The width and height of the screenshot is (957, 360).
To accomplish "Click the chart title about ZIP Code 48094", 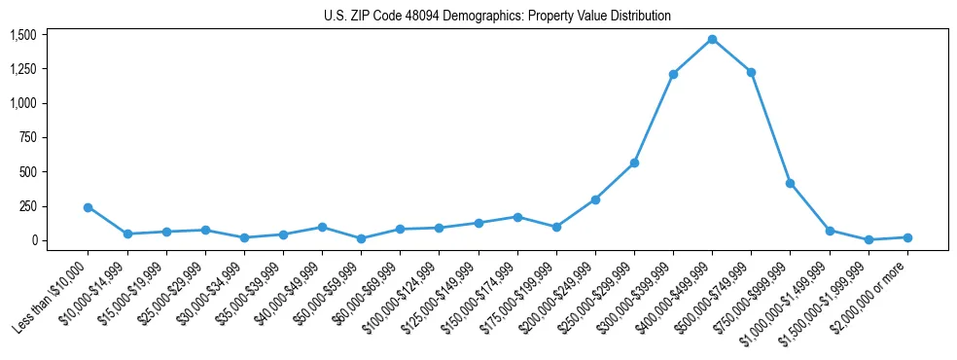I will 497,16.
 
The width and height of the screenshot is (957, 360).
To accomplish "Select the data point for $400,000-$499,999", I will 712,39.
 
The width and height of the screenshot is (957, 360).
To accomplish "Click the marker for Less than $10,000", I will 89,207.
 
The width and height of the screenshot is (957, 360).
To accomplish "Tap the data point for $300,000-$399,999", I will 673,74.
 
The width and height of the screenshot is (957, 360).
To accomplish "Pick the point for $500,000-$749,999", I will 751,72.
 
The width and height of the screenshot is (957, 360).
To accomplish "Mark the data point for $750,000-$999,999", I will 790,183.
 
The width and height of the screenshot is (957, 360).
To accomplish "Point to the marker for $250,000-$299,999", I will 634,162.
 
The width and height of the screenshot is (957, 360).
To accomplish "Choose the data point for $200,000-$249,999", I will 595,199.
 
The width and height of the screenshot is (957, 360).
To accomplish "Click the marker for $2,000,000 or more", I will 907,237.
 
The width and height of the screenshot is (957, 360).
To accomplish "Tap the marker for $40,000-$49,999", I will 322,227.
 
